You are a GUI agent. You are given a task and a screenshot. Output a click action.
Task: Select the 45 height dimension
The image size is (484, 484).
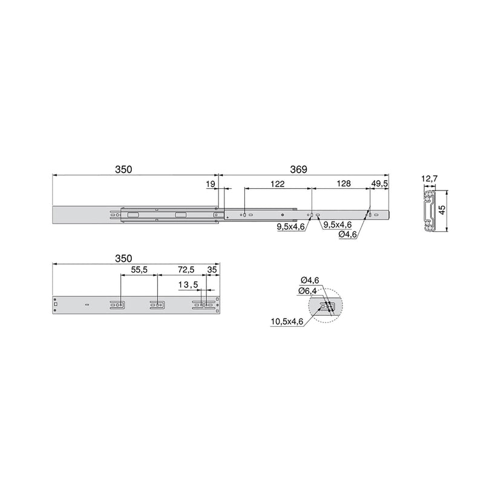point(442,210)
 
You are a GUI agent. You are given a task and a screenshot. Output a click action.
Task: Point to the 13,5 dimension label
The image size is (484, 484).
point(188,284)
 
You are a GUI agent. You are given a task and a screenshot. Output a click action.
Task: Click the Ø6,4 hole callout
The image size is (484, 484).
point(307,291)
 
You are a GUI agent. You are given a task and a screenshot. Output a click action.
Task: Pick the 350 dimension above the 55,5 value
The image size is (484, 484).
point(124,258)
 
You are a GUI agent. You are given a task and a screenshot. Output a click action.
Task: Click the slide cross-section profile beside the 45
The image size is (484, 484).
point(430,210)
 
